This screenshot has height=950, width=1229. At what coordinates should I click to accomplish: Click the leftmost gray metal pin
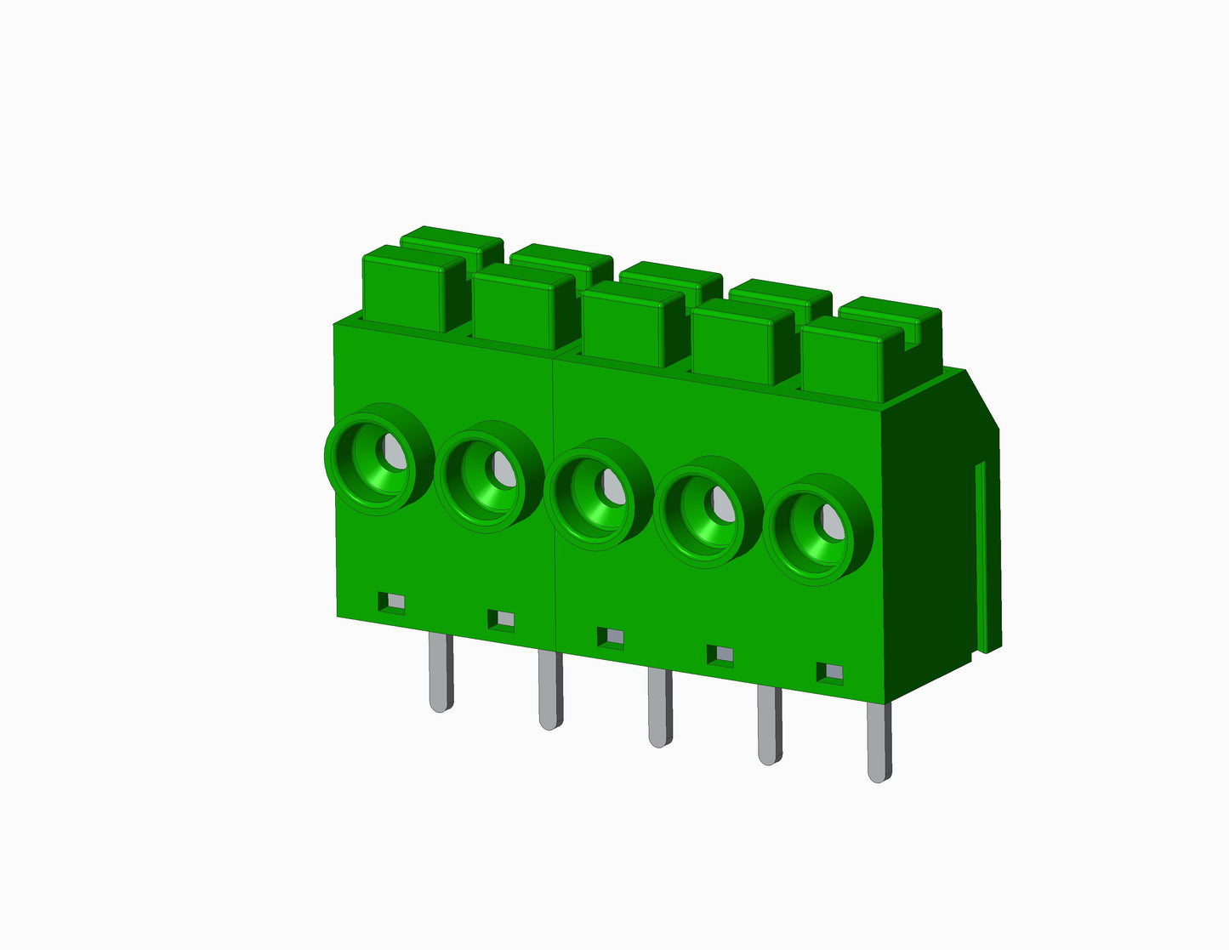441,672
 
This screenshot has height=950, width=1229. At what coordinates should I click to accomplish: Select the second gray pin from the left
550,690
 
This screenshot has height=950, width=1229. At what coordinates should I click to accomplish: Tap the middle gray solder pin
659,708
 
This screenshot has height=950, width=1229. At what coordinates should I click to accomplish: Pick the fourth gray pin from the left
770,725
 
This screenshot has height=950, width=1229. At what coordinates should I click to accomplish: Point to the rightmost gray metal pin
879,743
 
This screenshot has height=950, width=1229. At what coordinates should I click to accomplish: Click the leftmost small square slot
392,602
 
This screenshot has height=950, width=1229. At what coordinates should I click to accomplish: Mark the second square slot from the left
501,620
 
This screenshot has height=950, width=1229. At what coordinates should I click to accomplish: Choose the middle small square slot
611,638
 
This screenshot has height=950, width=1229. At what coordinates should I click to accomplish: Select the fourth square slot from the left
720,655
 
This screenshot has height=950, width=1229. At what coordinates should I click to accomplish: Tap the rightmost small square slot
830,673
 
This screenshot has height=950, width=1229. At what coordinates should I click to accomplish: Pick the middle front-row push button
625,327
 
